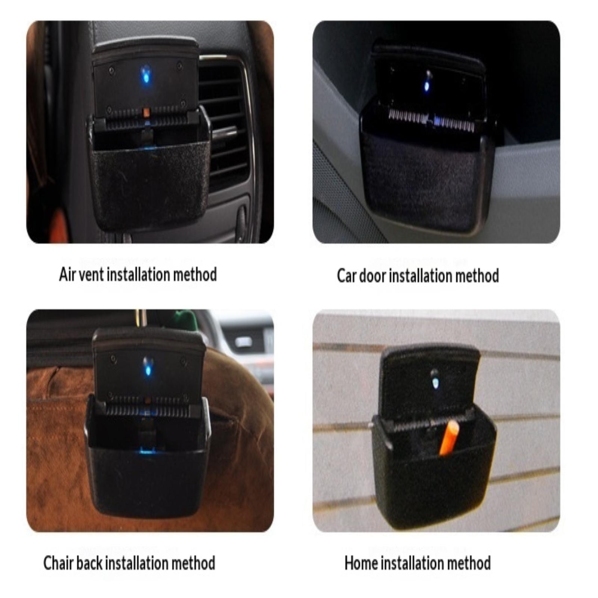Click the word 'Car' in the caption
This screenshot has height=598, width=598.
(x=346, y=276)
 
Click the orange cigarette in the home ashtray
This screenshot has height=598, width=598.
(x=449, y=438)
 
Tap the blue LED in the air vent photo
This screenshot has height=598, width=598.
(x=146, y=74)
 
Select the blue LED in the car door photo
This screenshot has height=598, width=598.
(x=426, y=86)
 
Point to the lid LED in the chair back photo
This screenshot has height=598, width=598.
(x=148, y=368)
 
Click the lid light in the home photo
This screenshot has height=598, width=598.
(x=435, y=382)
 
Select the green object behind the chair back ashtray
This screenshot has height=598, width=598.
(x=183, y=320)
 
